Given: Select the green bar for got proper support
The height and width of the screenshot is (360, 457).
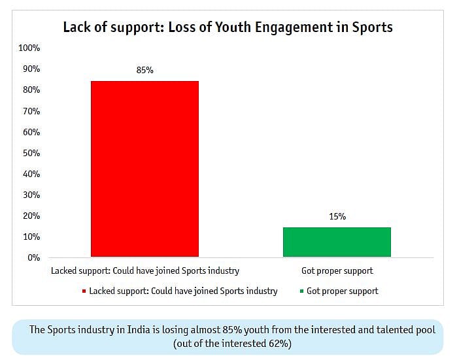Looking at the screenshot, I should [337, 242].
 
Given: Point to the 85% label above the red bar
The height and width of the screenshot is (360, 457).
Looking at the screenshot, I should [144, 70].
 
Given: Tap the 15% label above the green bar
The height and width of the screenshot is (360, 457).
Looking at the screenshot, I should [337, 216].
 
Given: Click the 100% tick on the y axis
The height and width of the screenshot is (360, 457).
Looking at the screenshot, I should [29, 48].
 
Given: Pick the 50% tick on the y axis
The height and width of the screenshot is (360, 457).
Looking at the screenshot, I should [31, 153].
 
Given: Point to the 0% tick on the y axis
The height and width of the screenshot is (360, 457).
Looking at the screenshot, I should [34, 257].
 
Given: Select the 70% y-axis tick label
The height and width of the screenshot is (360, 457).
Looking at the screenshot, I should [31, 111].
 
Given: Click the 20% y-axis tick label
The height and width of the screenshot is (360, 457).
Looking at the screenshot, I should [31, 216].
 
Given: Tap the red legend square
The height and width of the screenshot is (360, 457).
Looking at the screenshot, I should [84, 291].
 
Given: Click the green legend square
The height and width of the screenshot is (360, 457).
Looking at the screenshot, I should [301, 291].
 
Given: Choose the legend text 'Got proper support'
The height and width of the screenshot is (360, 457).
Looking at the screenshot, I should [342, 291].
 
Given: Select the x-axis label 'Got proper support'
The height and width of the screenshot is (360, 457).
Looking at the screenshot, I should [337, 270].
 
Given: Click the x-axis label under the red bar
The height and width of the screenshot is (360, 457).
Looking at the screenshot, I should [144, 270].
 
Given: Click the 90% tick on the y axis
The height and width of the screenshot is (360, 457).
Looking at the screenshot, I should [31, 69].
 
